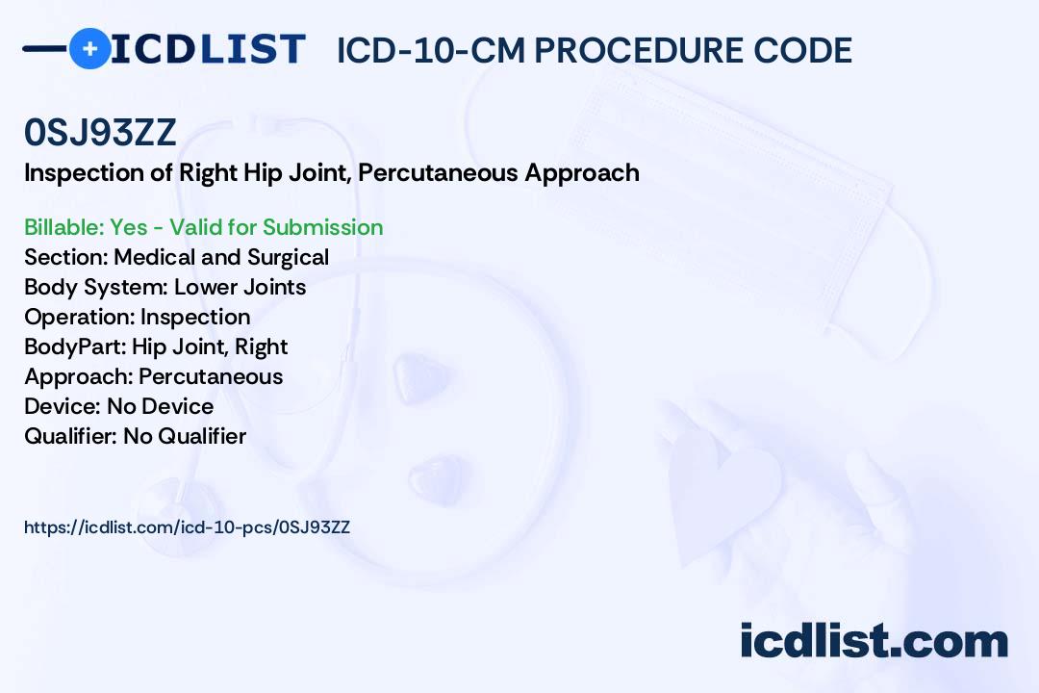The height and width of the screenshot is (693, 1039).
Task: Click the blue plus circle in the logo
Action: coord(89,48)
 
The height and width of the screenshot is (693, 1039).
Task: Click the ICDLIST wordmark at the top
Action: coord(208,49)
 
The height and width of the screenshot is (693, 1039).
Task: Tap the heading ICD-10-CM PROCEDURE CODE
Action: coord(594,51)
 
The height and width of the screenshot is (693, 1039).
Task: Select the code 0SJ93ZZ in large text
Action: coord(100,134)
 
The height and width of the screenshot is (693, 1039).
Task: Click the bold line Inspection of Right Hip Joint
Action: coord(331,173)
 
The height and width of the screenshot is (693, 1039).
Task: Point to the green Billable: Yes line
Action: coord(203,227)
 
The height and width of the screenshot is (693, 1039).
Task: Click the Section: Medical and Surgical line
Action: coord(176,257)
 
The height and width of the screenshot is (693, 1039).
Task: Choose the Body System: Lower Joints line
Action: coord(165,287)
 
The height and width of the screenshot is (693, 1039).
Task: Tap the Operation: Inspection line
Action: coord(137,317)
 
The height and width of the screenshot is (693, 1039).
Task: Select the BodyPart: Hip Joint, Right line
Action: coord(156,346)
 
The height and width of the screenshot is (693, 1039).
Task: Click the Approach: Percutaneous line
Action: coord(153,376)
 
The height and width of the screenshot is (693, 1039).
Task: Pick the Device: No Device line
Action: coord(118,406)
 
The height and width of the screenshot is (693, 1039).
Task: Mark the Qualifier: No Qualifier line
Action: coord(135,436)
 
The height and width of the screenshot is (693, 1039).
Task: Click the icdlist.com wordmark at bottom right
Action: coord(874,641)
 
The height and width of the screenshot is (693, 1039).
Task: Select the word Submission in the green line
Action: coord(322,227)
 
